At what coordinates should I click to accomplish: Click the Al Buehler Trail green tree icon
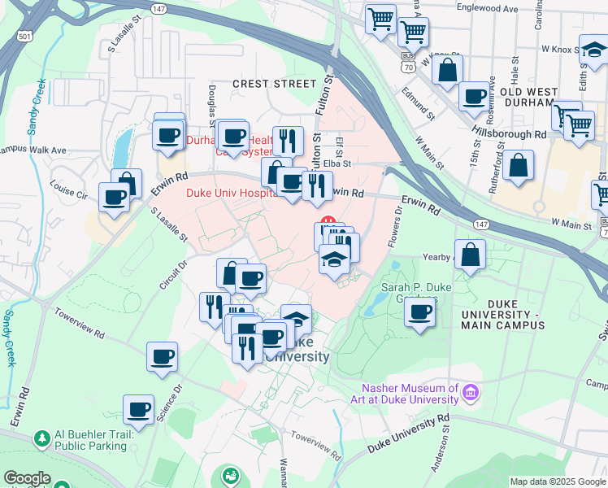tap(42, 439)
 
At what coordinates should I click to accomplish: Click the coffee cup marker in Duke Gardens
tap(420, 312)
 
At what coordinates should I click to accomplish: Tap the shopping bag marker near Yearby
tap(470, 255)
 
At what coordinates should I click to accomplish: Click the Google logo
tap(27, 478)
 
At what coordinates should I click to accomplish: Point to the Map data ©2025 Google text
tap(557, 481)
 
